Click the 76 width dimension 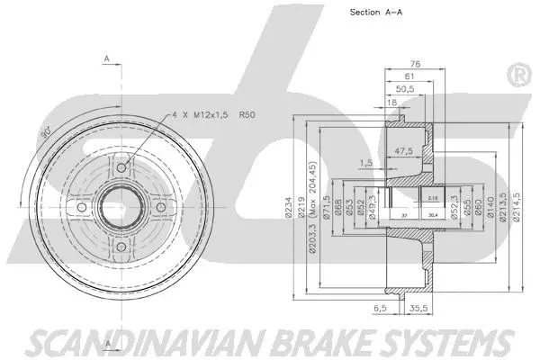[x=416, y=64]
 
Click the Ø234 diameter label [x=302, y=208]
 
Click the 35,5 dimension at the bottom [x=417, y=308]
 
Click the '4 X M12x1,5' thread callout [x=205, y=114]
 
